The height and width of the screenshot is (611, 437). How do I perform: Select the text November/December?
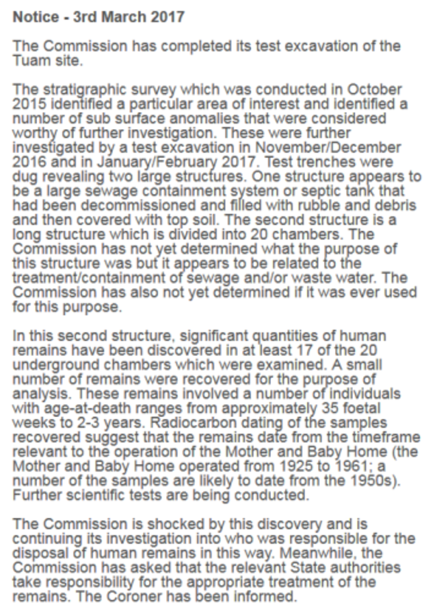[x=328, y=147]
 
